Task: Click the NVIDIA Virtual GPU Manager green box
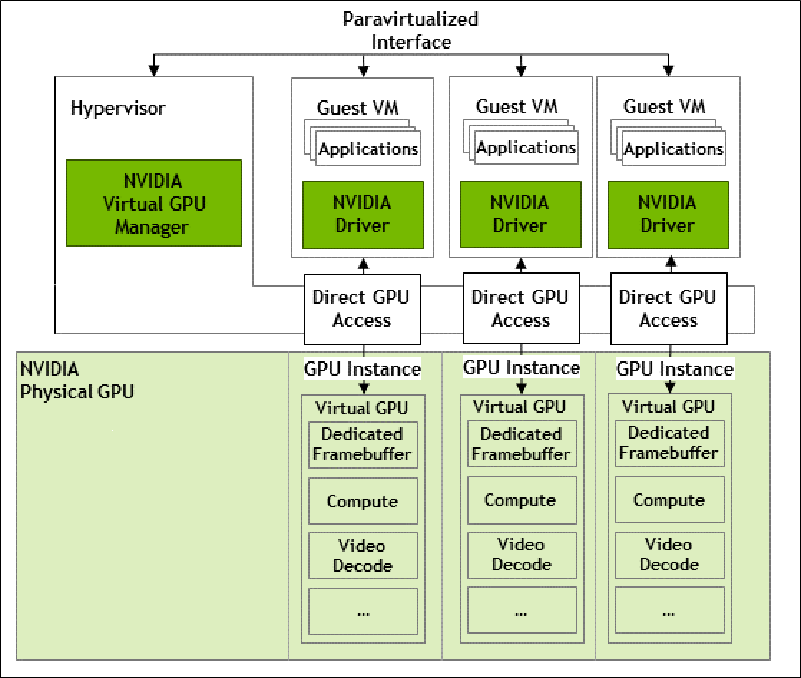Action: (x=154, y=204)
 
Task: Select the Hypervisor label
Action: (x=117, y=108)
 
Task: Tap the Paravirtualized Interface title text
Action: (x=411, y=30)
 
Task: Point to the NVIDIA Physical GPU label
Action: (x=77, y=381)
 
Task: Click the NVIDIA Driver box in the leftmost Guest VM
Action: (x=363, y=214)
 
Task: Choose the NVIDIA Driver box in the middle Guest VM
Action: (x=520, y=214)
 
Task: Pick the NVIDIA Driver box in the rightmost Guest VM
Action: (x=668, y=214)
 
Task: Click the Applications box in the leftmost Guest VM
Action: (x=368, y=149)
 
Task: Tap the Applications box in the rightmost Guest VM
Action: (x=673, y=149)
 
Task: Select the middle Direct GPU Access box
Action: (x=520, y=308)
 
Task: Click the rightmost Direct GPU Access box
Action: (x=668, y=308)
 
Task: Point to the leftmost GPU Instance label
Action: (x=363, y=369)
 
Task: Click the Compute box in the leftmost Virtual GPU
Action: (x=363, y=501)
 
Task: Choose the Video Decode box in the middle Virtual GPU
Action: (x=522, y=555)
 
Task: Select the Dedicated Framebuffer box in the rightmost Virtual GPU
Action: (x=669, y=443)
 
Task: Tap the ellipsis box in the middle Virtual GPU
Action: (x=522, y=611)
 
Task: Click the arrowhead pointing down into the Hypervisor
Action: (x=153, y=70)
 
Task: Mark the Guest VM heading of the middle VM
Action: (x=517, y=107)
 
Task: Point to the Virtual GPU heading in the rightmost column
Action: (x=668, y=407)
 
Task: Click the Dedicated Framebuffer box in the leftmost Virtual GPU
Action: (x=363, y=444)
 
